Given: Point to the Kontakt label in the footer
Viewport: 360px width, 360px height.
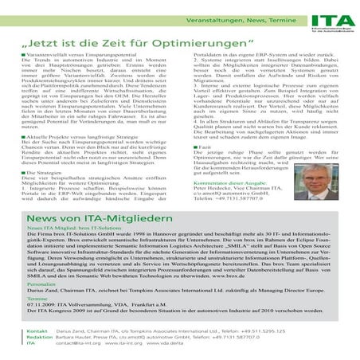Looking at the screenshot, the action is (36, 329).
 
